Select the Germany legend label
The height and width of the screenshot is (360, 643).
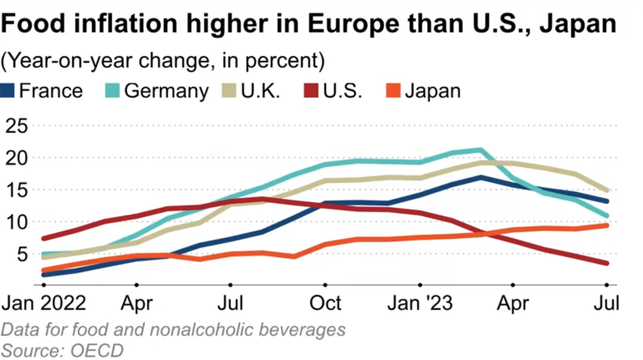(x=165, y=90)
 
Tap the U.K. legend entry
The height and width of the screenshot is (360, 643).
(x=260, y=90)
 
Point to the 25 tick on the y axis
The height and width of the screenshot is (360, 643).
(x=18, y=126)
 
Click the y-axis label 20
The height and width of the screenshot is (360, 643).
(x=18, y=158)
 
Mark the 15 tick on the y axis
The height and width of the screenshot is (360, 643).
(x=18, y=190)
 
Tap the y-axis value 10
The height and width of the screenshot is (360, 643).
(x=18, y=222)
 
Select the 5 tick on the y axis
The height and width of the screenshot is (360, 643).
(x=24, y=254)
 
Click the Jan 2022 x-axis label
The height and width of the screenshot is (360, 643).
(x=45, y=304)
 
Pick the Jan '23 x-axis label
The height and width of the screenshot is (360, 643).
(x=419, y=304)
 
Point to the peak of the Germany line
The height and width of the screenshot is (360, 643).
(x=481, y=150)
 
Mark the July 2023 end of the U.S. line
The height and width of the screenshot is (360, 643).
(x=607, y=264)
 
